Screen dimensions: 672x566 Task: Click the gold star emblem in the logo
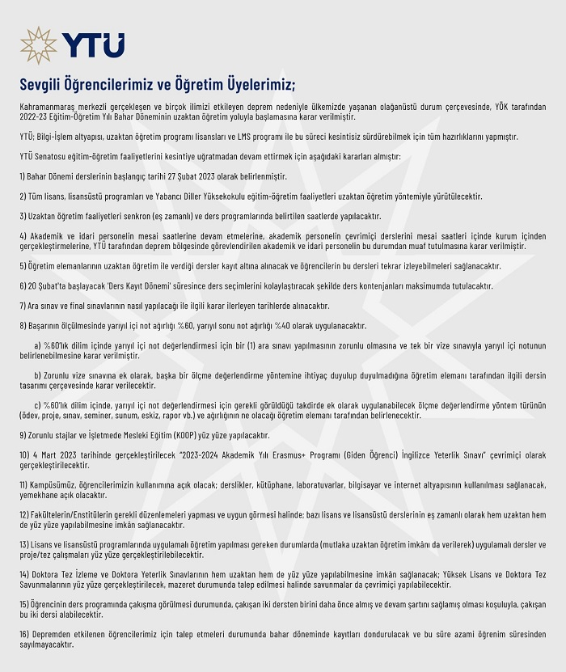coord(39,45)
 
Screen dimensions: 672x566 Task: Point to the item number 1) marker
coord(23,175)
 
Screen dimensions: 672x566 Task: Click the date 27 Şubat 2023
coord(213,175)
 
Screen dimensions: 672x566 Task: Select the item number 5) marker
coord(23,265)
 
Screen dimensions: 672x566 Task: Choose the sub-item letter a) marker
coord(38,344)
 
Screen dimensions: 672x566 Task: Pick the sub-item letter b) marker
coord(38,374)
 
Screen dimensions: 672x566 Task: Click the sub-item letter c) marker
coord(38,404)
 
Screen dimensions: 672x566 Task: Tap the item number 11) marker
coord(24,484)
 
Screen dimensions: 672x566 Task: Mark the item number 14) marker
coord(25,573)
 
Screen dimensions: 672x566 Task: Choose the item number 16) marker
coord(25,633)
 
